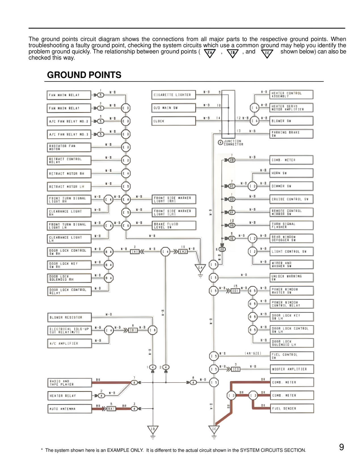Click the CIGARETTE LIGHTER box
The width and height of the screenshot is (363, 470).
coord(173,95)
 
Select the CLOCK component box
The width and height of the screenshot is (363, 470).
coord(173,121)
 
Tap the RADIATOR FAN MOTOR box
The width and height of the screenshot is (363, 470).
coord(69,147)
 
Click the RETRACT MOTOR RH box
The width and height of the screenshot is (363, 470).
coord(69,173)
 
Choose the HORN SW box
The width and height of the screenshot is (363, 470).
coord(291,173)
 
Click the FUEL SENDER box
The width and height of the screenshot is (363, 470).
coord(292,408)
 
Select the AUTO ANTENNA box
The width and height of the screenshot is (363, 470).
coord(69,409)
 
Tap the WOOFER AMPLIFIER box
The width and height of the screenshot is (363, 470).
coord(292,369)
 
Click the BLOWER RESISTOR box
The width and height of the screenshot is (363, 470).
coord(69,317)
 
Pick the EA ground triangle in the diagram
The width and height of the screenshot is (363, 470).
coord(200,268)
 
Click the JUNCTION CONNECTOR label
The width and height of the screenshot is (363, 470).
coord(233,142)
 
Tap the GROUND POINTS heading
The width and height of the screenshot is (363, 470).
coord(84,75)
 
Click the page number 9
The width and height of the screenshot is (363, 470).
coord(341,447)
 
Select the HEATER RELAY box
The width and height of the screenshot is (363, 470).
coord(69,396)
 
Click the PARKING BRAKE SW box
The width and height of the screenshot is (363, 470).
coord(291,134)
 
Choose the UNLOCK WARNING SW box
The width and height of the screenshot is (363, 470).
coord(292,278)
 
